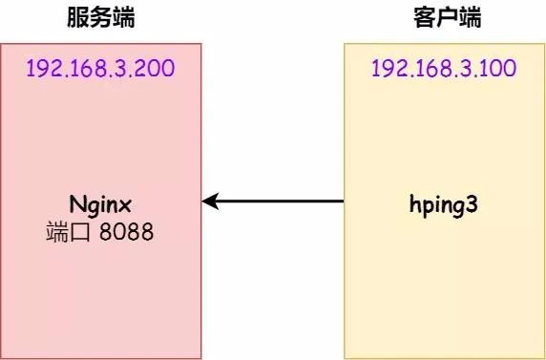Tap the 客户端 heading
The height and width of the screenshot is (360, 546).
click(447, 17)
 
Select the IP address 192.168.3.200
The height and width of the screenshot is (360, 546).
click(100, 70)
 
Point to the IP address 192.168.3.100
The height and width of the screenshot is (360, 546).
click(445, 70)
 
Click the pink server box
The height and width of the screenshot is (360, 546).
click(100, 286)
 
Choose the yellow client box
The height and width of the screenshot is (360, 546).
click(445, 286)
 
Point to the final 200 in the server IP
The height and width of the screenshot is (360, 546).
click(157, 70)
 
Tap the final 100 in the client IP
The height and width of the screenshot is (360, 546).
click(501, 70)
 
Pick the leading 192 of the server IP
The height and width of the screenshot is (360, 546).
click(44, 70)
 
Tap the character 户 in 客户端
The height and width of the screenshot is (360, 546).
click(447, 17)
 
